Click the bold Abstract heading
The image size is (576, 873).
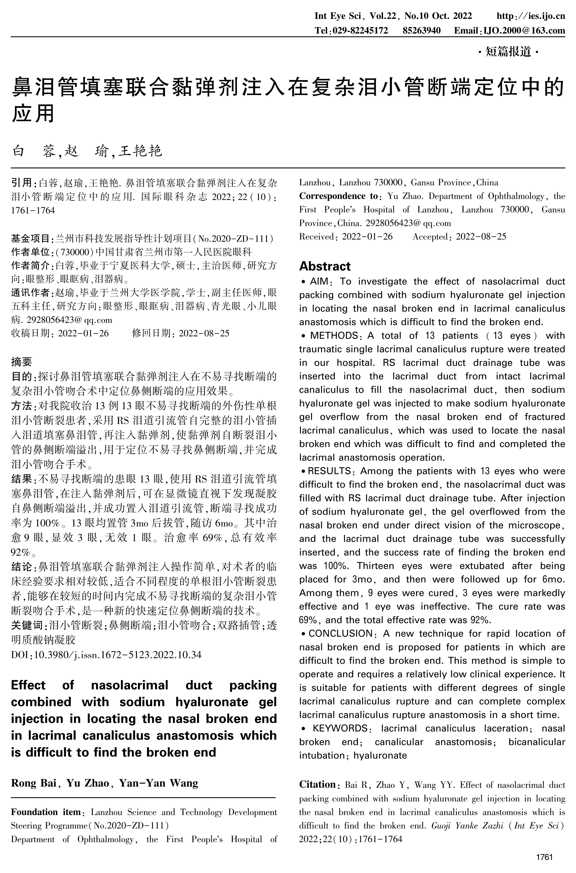[325, 266]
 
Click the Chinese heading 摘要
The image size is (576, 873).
[21, 362]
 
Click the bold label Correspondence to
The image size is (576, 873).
[338, 196]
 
